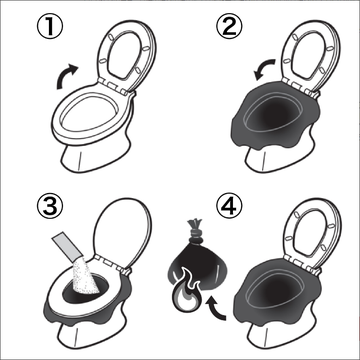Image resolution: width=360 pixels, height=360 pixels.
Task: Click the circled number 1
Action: click(49, 26)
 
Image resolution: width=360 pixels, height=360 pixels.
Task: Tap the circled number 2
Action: click(230, 26)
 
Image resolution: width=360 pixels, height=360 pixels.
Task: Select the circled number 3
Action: click(49, 207)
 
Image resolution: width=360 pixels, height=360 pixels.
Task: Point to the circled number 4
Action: click(230, 207)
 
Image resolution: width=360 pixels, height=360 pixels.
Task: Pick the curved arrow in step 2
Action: click(265, 68)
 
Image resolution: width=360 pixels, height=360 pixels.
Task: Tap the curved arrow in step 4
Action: click(215, 308)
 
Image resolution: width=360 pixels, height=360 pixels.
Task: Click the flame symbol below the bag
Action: click(186, 294)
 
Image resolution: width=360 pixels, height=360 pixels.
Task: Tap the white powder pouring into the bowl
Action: click(86, 277)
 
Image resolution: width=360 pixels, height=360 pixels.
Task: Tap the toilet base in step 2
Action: click(277, 157)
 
